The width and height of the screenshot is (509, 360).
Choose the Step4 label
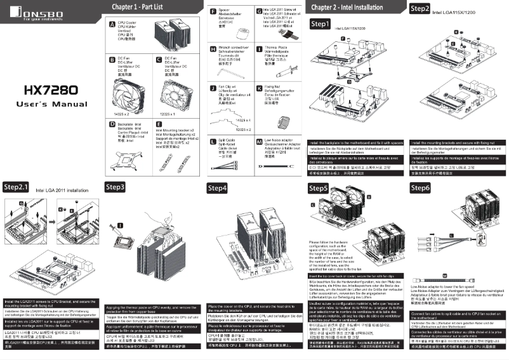(218, 189)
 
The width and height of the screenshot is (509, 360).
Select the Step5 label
(319, 189)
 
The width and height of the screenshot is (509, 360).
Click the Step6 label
(421, 188)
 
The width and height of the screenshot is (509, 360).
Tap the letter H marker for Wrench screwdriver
(213, 48)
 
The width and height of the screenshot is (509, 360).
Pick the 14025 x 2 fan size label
(121, 112)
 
